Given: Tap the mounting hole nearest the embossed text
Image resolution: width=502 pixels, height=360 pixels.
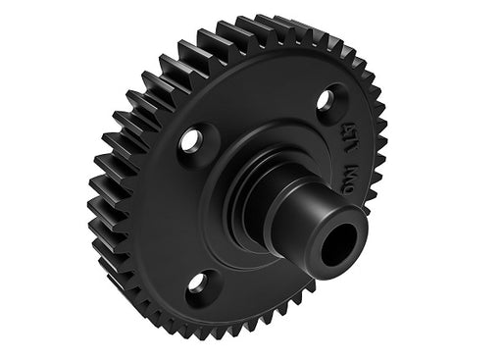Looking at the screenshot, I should click(332, 98).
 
